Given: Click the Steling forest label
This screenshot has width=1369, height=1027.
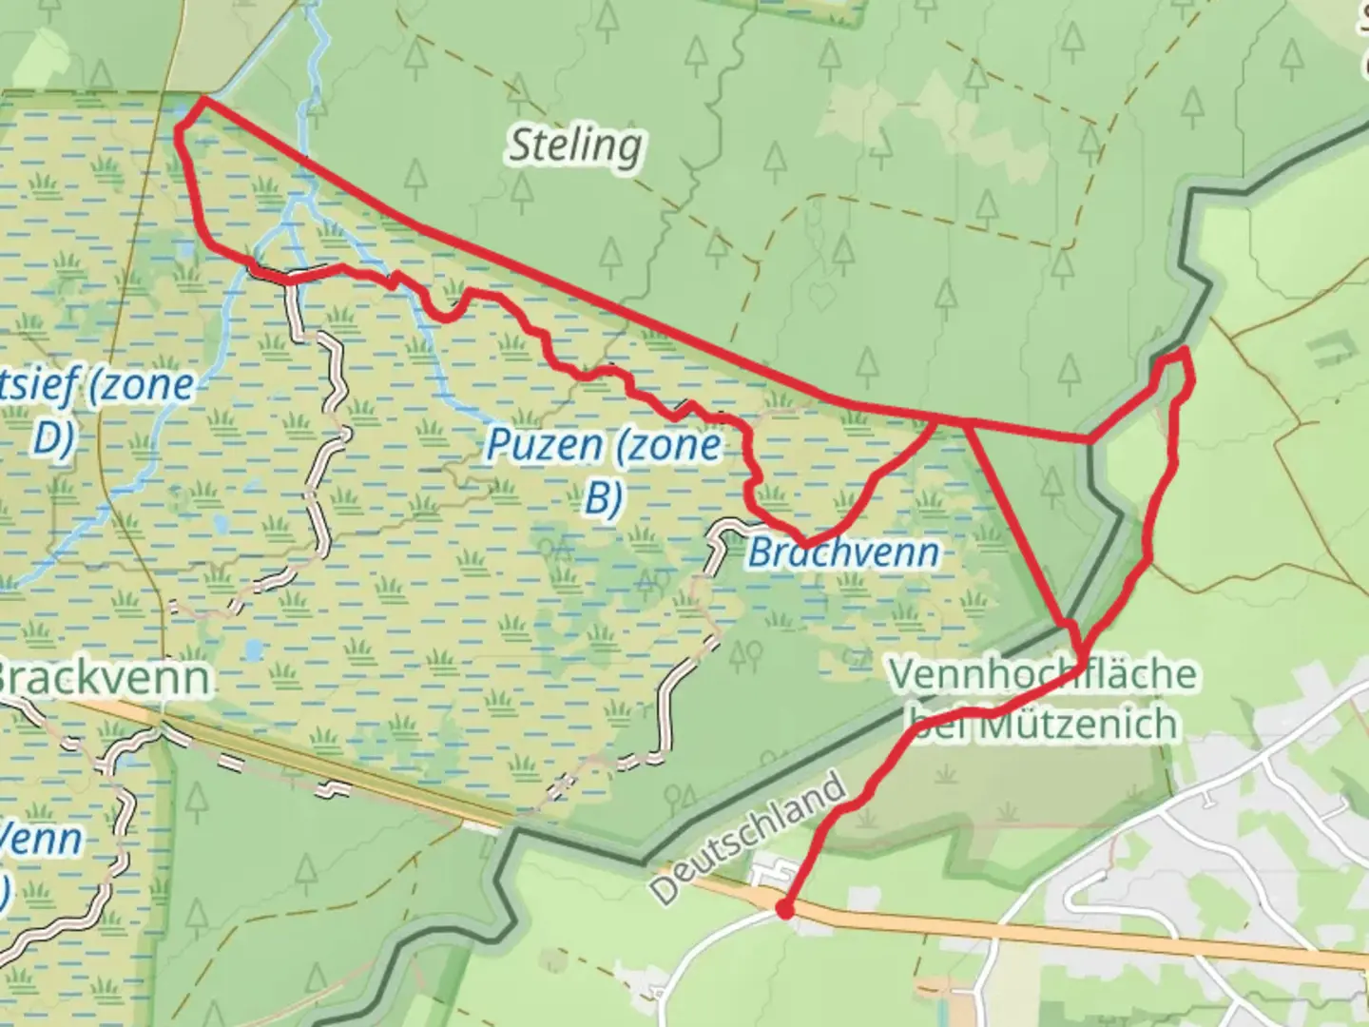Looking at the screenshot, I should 575,146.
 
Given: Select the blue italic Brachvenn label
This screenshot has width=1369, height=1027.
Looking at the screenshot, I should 843,552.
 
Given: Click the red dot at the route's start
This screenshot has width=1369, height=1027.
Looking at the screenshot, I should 784,910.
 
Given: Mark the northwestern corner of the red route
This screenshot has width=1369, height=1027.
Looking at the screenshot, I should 202,98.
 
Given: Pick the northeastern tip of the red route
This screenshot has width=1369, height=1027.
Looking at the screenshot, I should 1185,352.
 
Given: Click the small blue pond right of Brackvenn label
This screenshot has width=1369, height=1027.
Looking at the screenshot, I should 253,650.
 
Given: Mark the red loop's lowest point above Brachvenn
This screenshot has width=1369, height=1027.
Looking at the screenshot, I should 805,544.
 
